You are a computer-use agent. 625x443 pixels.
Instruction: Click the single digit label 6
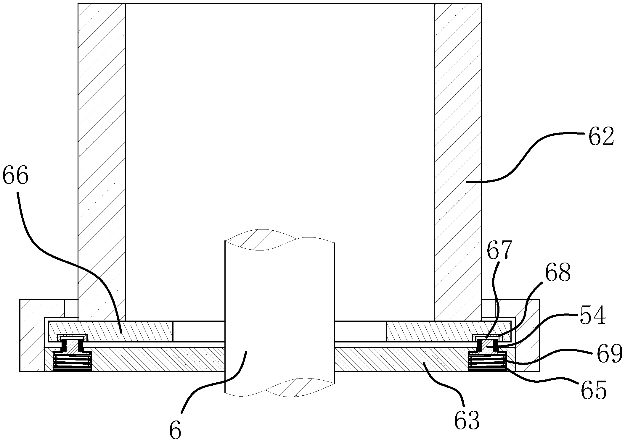click(175, 431)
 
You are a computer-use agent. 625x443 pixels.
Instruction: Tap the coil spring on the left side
click(72, 360)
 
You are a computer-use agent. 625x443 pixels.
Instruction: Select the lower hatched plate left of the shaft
click(157, 359)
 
